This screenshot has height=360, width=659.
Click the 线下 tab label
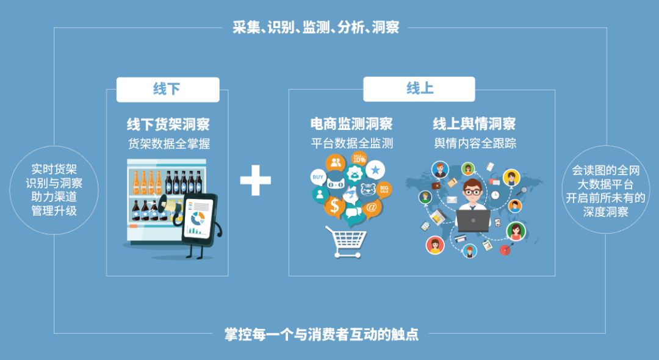(167, 89)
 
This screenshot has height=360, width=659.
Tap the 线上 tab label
(419, 89)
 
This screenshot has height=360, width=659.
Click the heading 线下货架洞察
(168, 124)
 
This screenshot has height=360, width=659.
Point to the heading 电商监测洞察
(351, 124)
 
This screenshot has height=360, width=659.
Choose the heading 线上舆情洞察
(474, 124)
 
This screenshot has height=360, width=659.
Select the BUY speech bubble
(318, 178)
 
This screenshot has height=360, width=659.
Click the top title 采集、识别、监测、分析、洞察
(315, 27)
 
